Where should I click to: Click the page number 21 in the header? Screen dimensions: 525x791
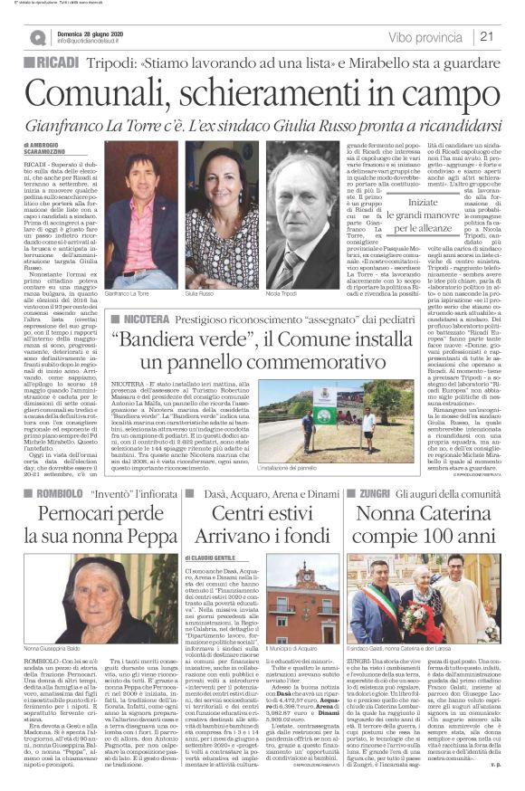coord(486,36)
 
